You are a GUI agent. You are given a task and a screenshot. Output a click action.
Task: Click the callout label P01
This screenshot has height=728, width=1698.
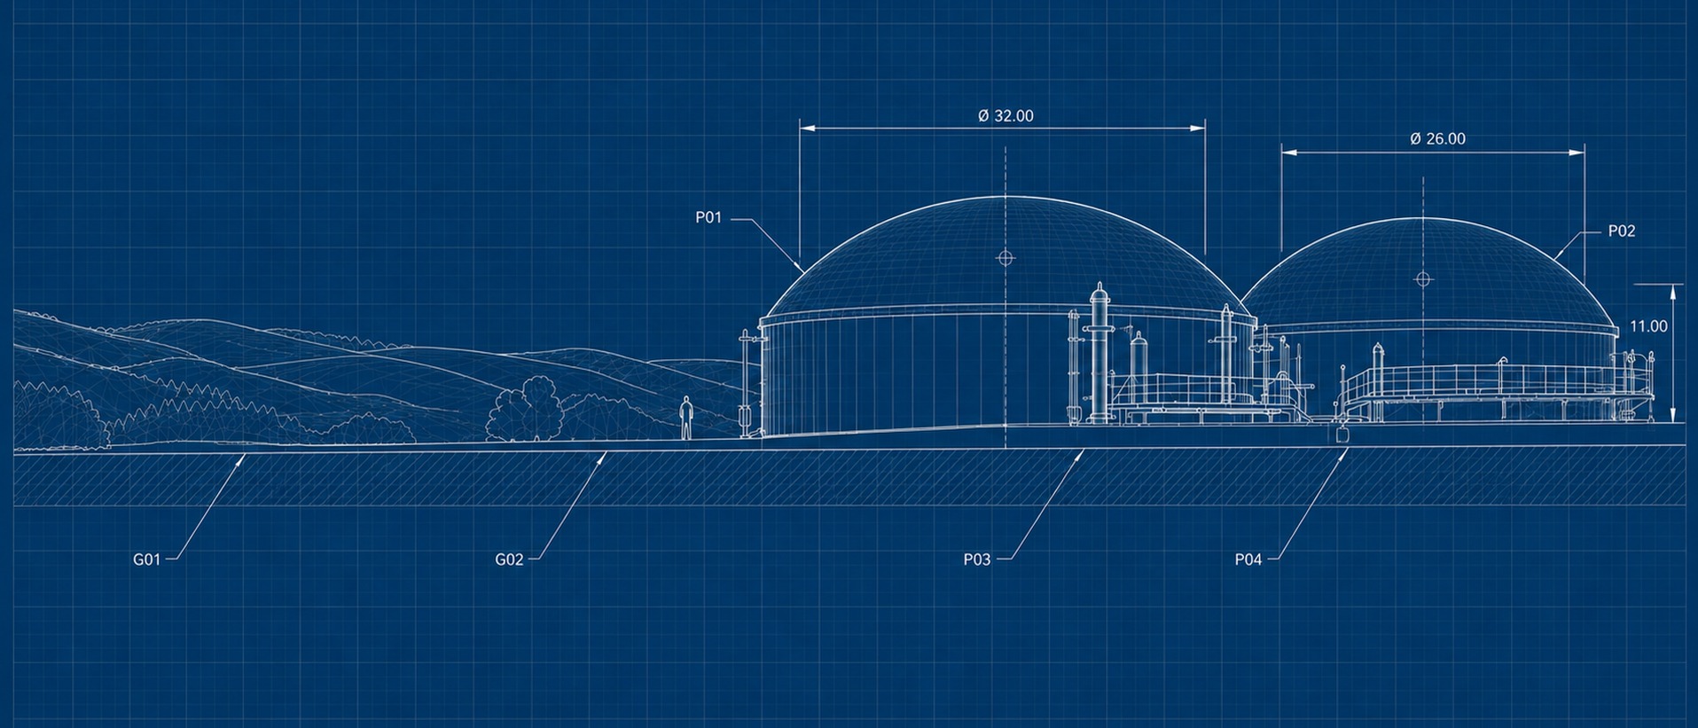point(708,217)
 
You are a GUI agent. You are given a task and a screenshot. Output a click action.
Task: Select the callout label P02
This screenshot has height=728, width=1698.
point(1622,231)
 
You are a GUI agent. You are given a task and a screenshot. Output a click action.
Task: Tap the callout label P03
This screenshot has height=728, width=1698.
point(976,560)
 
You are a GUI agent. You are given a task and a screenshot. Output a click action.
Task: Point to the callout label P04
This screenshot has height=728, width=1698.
point(1248,560)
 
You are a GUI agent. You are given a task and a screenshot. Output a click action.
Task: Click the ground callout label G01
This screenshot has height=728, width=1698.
point(146,560)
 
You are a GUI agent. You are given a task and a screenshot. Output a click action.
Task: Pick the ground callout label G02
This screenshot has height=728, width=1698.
point(509,560)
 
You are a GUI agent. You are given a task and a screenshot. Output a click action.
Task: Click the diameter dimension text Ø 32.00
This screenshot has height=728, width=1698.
point(1005,116)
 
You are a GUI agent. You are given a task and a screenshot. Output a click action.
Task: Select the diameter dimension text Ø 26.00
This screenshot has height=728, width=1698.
point(1437,139)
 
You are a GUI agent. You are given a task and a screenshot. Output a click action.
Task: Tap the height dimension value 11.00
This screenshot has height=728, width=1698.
point(1648,326)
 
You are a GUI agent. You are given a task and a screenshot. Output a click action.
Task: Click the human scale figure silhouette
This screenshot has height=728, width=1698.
point(685,418)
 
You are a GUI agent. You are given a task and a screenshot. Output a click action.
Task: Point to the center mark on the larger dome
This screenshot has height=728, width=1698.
point(1005,258)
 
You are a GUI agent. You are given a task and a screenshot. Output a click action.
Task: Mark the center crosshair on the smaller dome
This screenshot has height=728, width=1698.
point(1423,279)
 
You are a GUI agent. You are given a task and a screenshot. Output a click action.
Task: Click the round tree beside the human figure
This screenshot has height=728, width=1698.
point(525,410)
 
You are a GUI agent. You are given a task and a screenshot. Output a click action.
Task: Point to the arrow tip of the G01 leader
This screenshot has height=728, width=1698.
point(245,455)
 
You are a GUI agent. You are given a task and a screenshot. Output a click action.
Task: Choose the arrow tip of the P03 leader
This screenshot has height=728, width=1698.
point(1084,451)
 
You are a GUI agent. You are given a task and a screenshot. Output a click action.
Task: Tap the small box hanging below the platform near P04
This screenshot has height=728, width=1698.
point(1342,434)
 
